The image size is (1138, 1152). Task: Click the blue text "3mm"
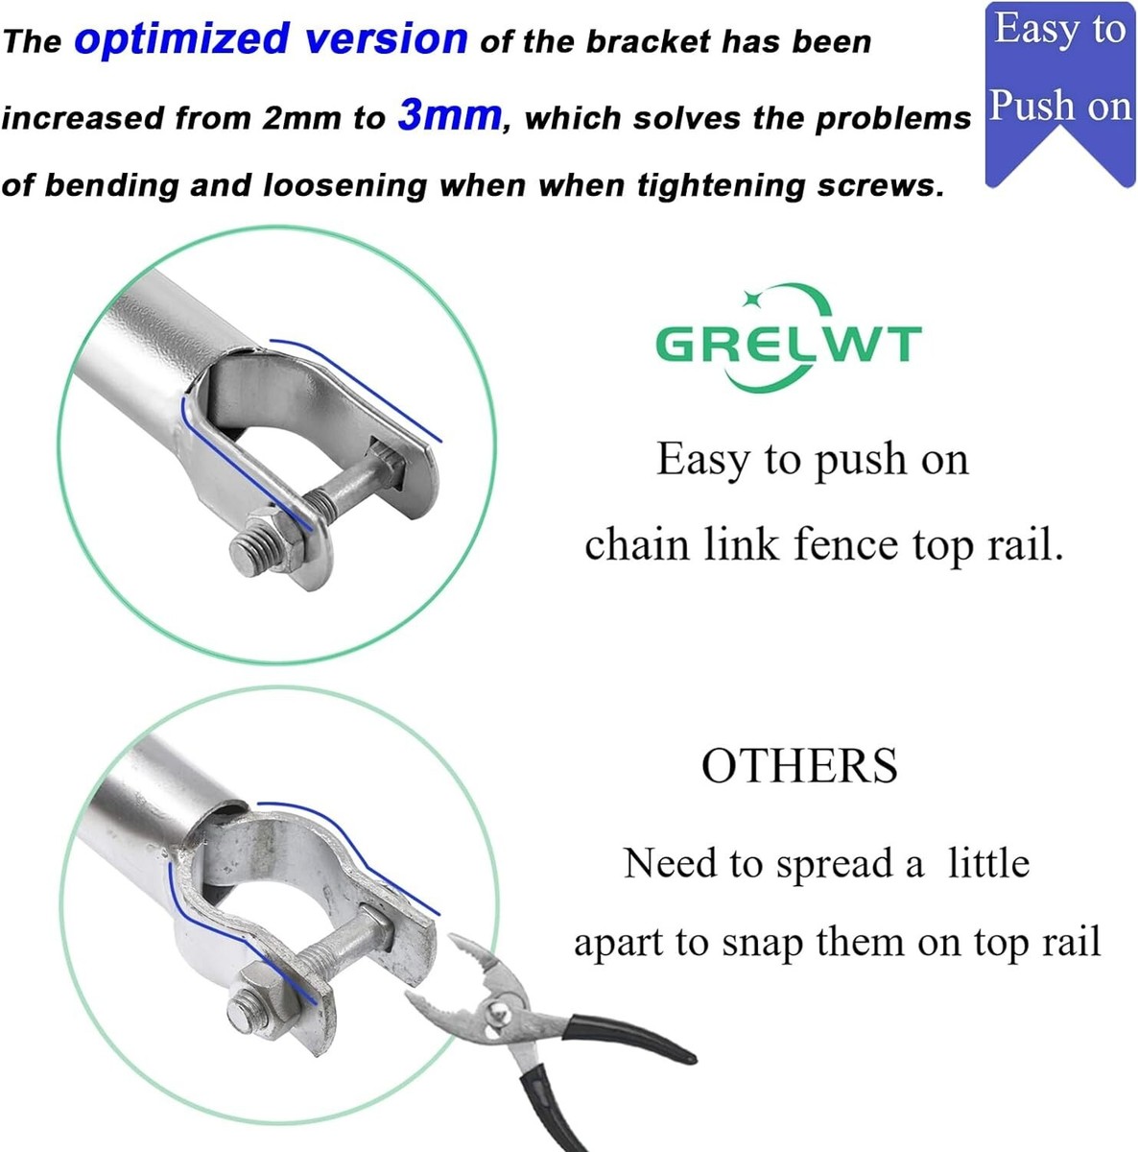449,115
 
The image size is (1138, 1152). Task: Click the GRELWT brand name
789,344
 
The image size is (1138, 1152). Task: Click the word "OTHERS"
799,766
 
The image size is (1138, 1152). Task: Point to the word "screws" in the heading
874,186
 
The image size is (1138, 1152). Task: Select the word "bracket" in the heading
648,42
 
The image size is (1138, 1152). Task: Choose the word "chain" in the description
637,546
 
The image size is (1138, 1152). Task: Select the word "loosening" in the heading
344,185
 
